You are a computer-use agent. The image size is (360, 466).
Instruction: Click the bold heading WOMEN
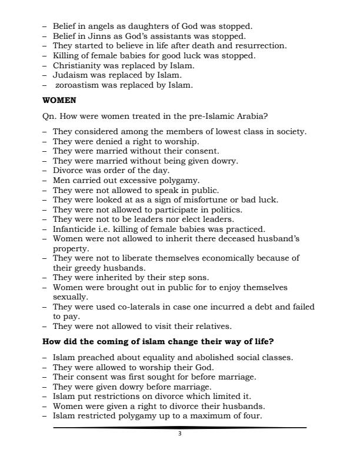click(x=59, y=101)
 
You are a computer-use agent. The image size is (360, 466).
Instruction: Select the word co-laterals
click(x=128, y=307)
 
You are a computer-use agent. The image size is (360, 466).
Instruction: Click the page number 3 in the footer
click(x=180, y=434)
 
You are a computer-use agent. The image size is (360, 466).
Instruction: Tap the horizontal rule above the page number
click(x=180, y=428)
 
